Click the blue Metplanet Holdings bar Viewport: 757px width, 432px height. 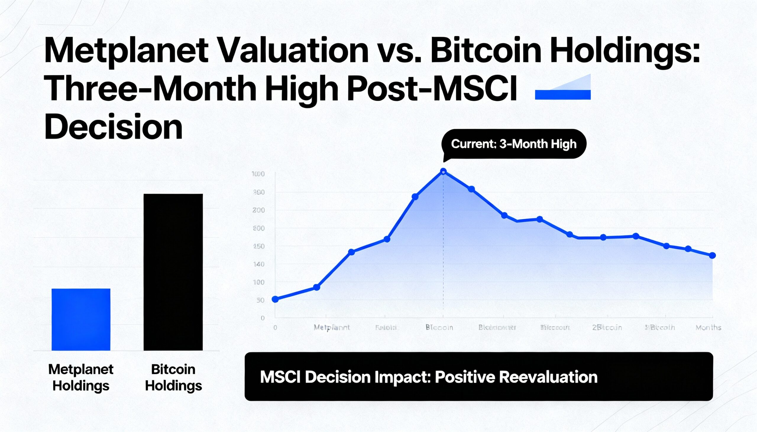pos(81,319)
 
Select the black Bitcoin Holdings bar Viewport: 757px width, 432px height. pos(173,272)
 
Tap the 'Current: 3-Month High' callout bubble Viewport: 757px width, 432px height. pos(514,144)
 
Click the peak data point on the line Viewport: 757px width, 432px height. pos(443,172)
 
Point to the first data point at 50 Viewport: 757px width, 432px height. pos(275,299)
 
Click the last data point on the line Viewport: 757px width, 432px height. pos(712,255)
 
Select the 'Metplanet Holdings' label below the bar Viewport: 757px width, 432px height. pos(81,377)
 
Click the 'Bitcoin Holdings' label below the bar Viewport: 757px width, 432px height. pos(173,377)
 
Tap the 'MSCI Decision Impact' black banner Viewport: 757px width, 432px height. pos(479,376)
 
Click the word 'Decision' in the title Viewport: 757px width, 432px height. pos(113,128)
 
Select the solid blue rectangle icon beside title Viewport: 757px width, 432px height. pos(563,95)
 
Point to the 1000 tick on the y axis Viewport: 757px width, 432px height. pos(258,174)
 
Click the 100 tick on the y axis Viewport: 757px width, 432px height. pos(258,282)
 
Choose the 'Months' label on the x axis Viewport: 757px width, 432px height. pos(708,327)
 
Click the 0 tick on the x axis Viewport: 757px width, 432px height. pos(275,327)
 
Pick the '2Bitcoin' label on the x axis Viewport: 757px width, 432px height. pos(607,327)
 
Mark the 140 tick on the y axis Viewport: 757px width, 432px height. pos(258,264)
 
